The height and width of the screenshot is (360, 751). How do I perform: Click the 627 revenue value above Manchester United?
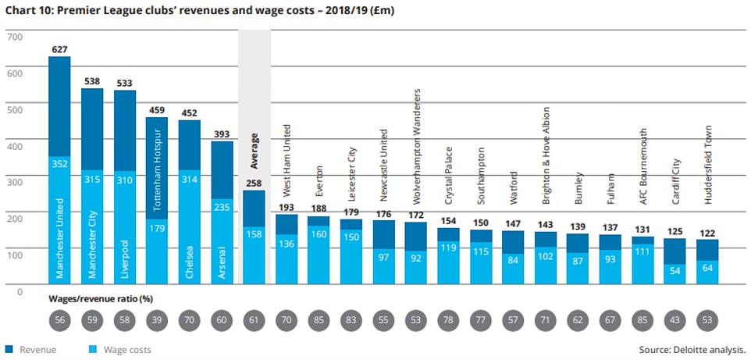pyautogui.click(x=60, y=48)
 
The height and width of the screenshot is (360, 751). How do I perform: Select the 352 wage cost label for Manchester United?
pyautogui.click(x=60, y=164)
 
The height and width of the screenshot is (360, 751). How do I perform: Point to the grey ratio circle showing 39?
pyautogui.click(x=158, y=323)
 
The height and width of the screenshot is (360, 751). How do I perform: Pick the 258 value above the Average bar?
pyautogui.click(x=254, y=182)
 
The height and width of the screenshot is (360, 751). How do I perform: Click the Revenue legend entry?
pyautogui.click(x=31, y=350)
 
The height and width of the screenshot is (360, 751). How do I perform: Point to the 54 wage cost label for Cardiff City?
pyautogui.click(x=675, y=269)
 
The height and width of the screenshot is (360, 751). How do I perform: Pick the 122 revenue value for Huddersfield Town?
pyautogui.click(x=707, y=232)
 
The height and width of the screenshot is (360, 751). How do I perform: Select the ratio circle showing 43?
pyautogui.click(x=675, y=323)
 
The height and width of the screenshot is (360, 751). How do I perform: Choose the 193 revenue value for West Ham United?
pyautogui.click(x=288, y=207)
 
